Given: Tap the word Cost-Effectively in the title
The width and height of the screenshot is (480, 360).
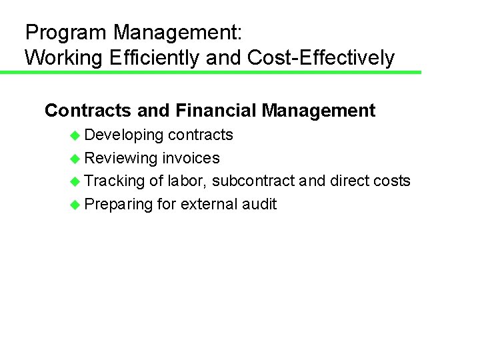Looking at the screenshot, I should click(321, 58).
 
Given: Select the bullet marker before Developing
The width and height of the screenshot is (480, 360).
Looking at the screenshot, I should click(75, 135).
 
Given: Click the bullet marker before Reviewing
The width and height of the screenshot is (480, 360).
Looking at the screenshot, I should click(75, 159).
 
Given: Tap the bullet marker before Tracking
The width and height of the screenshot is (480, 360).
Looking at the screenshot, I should click(75, 181).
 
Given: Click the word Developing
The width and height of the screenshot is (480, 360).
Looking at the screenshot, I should click(124, 135).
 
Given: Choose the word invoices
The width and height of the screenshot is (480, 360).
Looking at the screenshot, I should click(191, 158).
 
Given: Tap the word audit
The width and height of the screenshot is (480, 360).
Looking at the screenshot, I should click(259, 204).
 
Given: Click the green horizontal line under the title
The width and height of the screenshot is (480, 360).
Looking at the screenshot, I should click(211, 72).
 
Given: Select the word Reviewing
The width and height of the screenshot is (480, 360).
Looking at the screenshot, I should click(121, 158).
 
